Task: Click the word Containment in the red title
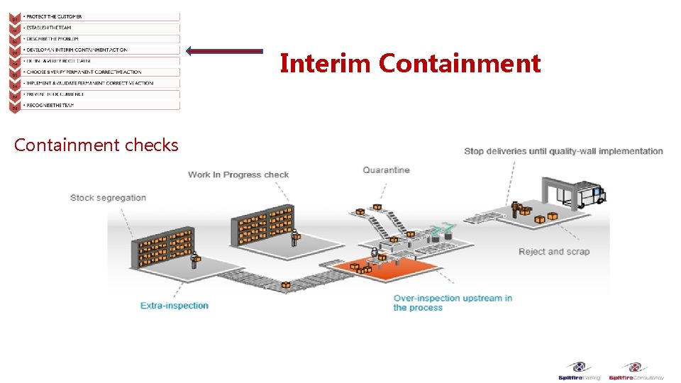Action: point(459,64)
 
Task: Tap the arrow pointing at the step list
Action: point(224,50)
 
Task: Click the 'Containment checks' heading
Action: point(96,145)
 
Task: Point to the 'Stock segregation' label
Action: point(108,197)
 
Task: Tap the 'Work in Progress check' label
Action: point(238,174)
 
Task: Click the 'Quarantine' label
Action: point(386,170)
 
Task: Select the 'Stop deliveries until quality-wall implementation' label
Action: point(563,151)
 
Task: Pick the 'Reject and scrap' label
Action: point(553,252)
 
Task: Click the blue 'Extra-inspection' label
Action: point(175,306)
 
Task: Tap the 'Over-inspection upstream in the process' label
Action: point(452,303)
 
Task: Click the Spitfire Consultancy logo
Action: point(636,371)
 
